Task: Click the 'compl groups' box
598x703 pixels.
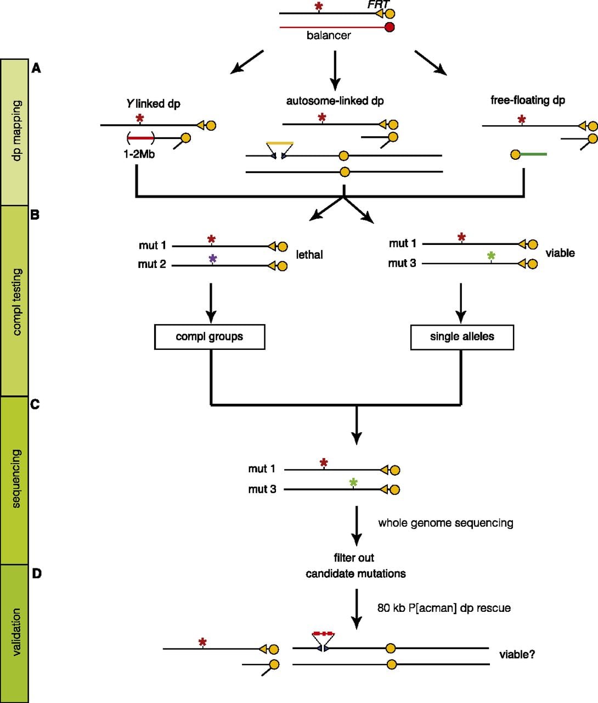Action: point(210,337)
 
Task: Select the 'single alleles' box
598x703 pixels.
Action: point(462,337)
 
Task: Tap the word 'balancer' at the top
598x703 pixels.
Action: point(329,35)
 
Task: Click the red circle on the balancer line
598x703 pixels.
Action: point(390,27)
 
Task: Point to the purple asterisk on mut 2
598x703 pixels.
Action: point(213,259)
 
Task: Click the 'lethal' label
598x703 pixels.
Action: point(309,255)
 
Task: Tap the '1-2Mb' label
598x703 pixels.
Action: point(139,154)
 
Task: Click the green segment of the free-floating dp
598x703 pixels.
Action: point(533,154)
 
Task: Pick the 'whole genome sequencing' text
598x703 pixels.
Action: point(445,523)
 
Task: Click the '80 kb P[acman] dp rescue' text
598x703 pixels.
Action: point(444,608)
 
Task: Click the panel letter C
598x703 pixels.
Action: point(35,404)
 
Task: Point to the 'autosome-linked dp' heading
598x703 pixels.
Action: point(335,101)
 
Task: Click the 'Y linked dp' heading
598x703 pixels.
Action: point(153,104)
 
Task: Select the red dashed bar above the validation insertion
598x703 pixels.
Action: point(323,634)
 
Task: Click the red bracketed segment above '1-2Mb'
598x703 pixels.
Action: point(140,138)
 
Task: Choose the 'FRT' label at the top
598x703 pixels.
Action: point(378,4)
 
